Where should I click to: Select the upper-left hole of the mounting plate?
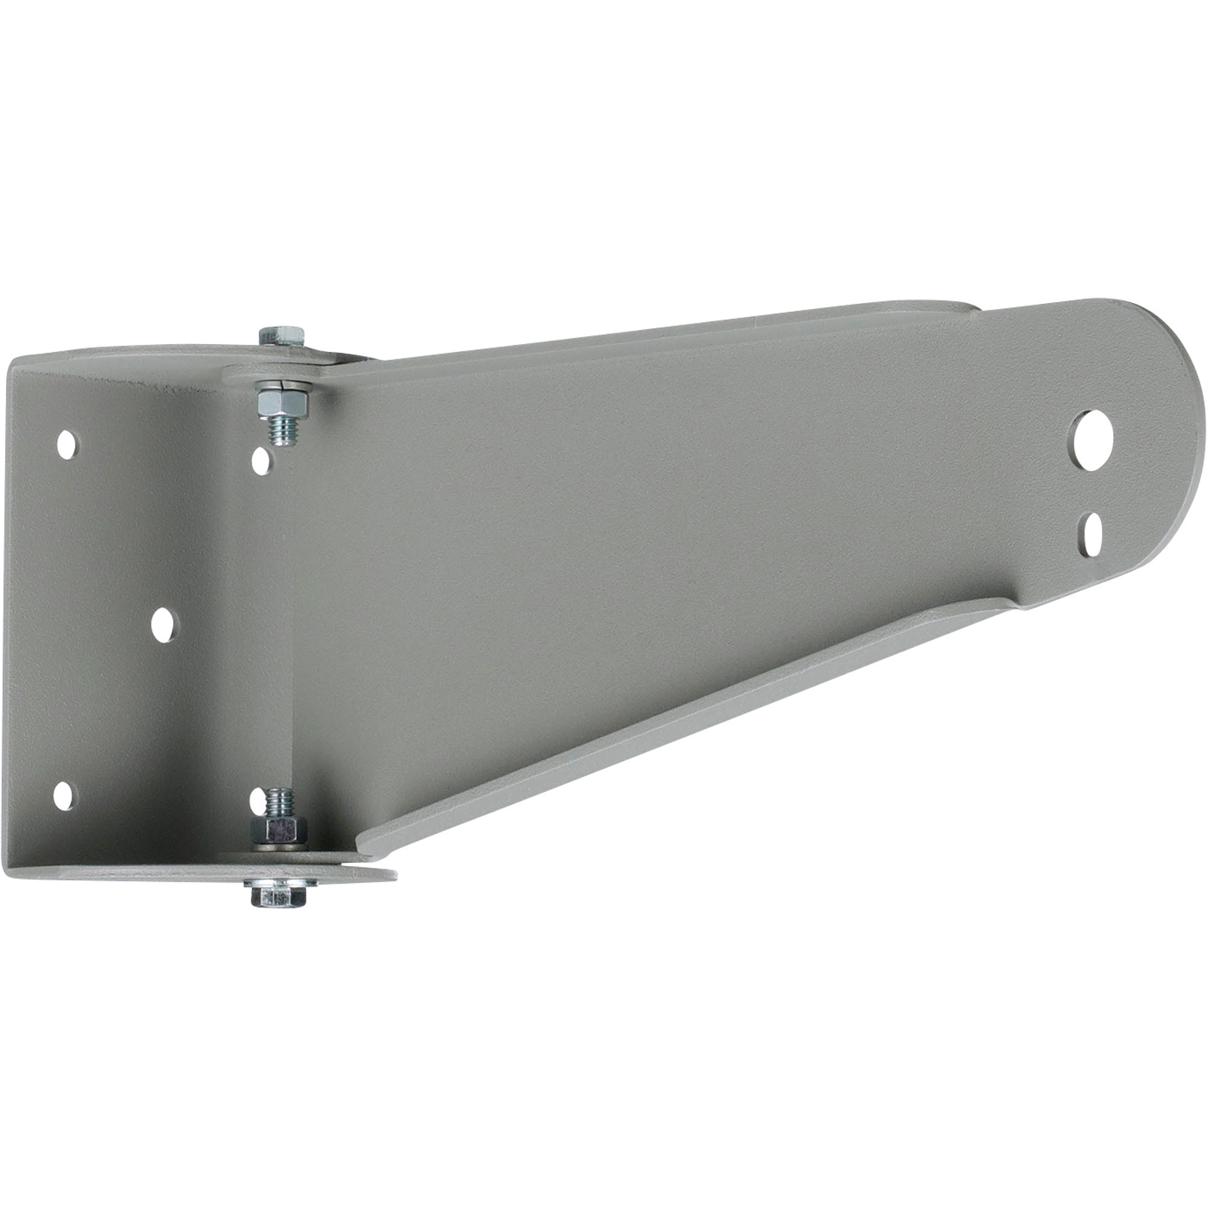pyautogui.click(x=67, y=444)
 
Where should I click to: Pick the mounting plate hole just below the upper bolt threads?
pyautogui.click(x=261, y=461)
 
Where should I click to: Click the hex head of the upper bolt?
pyautogui.click(x=281, y=336)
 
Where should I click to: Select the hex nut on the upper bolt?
pyautogui.click(x=283, y=404)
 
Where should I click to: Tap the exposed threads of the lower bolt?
pyautogui.click(x=279, y=802)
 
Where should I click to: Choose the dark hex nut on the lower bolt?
pyautogui.click(x=279, y=829)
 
